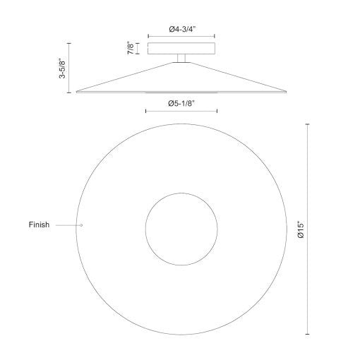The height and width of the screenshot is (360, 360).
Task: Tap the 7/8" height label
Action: pos(131,49)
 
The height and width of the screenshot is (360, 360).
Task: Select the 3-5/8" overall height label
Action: pos(62,68)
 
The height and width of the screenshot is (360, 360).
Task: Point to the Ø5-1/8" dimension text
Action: pos(182,103)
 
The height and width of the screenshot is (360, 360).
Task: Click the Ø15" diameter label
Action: pos(301,229)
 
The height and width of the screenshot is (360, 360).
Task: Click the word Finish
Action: pos(39,224)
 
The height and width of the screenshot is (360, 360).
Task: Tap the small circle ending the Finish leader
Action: pos(81,225)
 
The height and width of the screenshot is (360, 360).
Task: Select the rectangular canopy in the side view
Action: pos(181,49)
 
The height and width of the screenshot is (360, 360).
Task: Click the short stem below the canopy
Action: pos(181,59)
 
